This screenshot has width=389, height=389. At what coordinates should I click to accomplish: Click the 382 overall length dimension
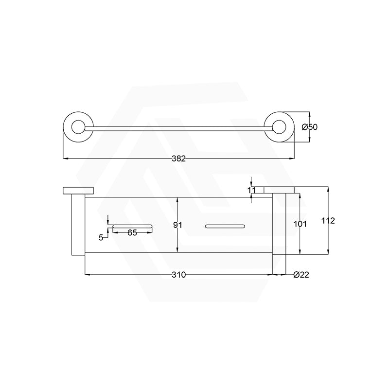pyautogui.click(x=179, y=159)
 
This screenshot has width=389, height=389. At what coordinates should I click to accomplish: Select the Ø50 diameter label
pyautogui.click(x=309, y=127)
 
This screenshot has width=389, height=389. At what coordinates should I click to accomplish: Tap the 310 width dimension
pyautogui.click(x=178, y=275)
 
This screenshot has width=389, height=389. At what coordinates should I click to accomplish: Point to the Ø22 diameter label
pyautogui.click(x=301, y=275)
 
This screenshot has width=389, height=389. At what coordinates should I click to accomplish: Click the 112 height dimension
pyautogui.click(x=328, y=221)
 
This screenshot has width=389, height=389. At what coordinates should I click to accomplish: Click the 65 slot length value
pyautogui.click(x=132, y=232)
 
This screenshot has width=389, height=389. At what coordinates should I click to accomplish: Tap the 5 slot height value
pyautogui.click(x=101, y=237)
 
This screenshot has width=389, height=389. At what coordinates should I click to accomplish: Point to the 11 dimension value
pyautogui.click(x=251, y=190)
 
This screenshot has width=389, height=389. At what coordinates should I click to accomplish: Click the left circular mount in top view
pyautogui.click(x=77, y=128)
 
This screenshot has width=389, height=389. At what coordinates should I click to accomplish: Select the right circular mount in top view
pyautogui.click(x=280, y=128)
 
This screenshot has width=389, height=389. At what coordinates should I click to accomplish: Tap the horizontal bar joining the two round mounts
pyautogui.click(x=178, y=128)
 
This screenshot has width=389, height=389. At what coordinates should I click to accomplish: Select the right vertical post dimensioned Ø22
pyautogui.click(x=279, y=224)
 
